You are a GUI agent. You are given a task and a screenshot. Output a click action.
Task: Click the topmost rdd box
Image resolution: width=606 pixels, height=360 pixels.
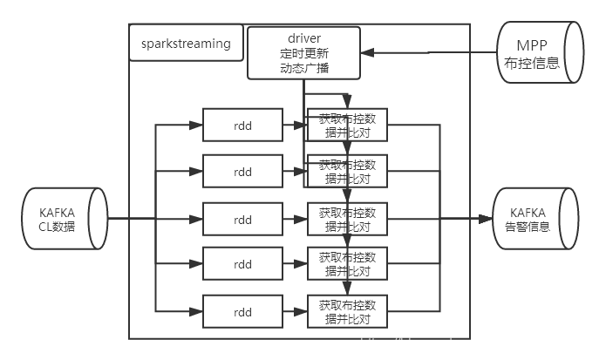click(x=242, y=125)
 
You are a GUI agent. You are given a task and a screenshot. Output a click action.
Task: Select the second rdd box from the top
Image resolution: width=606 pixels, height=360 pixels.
click(x=242, y=171)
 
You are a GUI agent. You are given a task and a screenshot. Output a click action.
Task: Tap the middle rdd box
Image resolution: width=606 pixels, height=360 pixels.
click(x=242, y=219)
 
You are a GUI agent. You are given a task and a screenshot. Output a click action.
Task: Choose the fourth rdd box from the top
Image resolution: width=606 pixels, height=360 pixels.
click(x=242, y=264)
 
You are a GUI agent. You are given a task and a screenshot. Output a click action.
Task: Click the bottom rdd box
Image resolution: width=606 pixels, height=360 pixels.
click(x=242, y=311)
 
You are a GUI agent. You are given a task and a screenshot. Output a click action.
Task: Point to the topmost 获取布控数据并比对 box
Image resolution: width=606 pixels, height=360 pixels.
click(x=347, y=125)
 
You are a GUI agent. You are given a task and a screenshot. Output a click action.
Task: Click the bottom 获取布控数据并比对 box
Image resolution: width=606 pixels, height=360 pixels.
click(x=347, y=311)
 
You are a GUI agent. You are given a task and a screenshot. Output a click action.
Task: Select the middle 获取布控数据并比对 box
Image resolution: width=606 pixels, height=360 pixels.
click(x=347, y=219)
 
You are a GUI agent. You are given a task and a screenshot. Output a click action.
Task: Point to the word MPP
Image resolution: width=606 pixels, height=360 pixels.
click(x=534, y=44)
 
